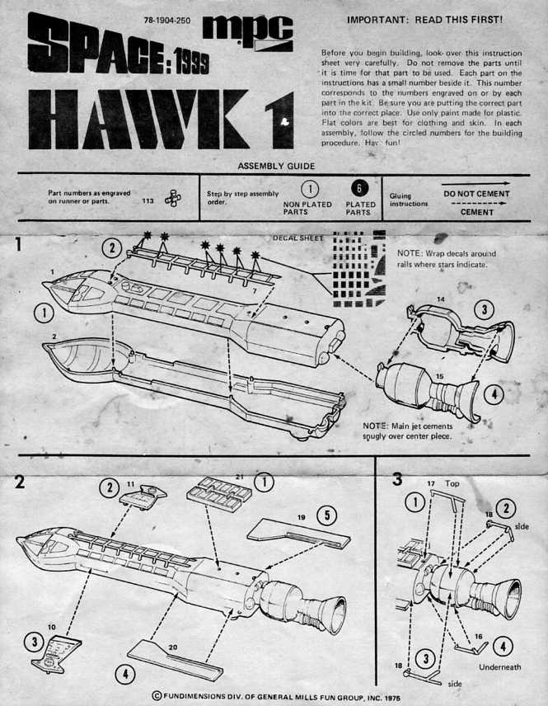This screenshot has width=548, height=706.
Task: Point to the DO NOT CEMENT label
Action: tap(476, 194)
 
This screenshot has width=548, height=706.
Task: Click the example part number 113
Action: tap(148, 199)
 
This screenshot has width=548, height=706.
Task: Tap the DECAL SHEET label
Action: tap(297, 238)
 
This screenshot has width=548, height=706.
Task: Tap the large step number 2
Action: tap(18, 482)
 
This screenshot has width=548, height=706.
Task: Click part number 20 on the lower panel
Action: tap(172, 647)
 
